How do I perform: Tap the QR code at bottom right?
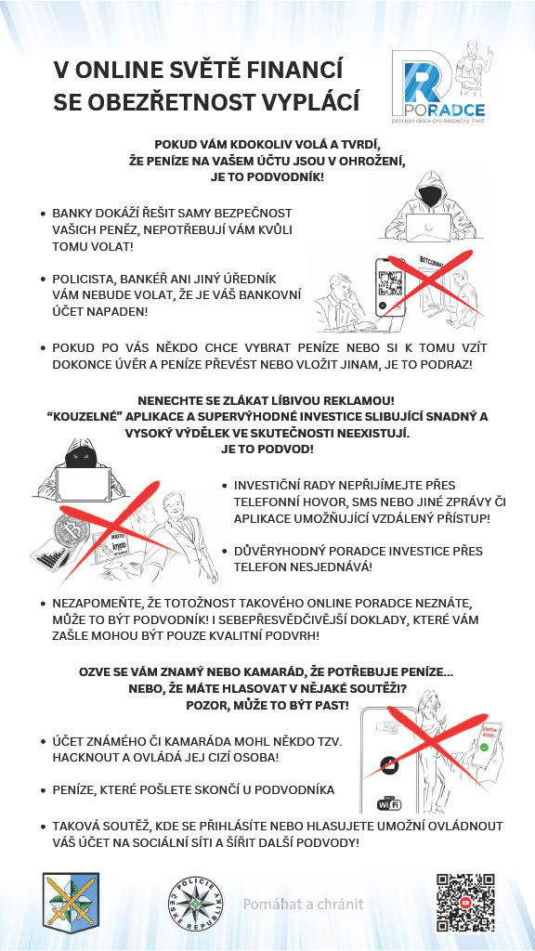pos(465,903)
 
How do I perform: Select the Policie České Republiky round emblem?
pos(195,903)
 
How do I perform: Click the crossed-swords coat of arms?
pos(71,903)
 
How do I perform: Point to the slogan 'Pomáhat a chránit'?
pos(304,905)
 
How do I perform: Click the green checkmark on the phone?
pos(484,747)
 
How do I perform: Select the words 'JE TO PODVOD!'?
pos(267,450)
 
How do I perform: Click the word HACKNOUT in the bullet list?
pos(83,758)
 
